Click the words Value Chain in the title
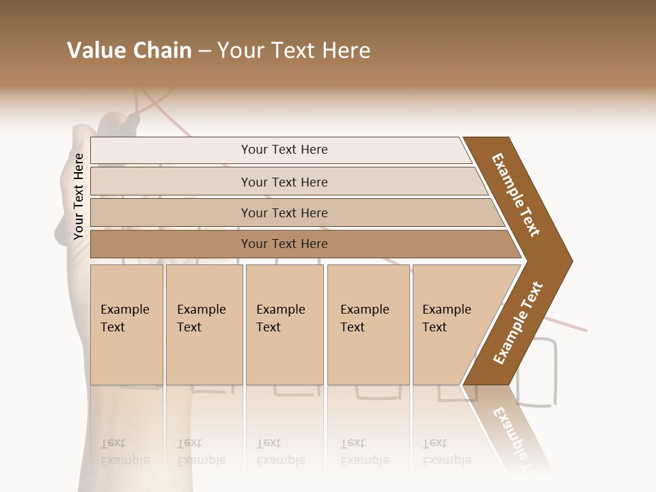[129, 51]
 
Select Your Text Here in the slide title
[294, 51]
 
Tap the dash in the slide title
[204, 51]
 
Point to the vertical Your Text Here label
[79, 197]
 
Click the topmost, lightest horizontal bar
[284, 150]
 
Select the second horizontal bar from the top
[284, 182]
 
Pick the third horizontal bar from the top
[284, 213]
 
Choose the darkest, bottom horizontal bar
[284, 244]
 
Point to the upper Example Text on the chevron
[516, 195]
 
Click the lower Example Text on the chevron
[518, 323]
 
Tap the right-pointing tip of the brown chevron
[569, 260]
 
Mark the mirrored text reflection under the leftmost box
[125, 452]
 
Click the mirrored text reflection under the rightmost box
[447, 452]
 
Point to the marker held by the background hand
[129, 124]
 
